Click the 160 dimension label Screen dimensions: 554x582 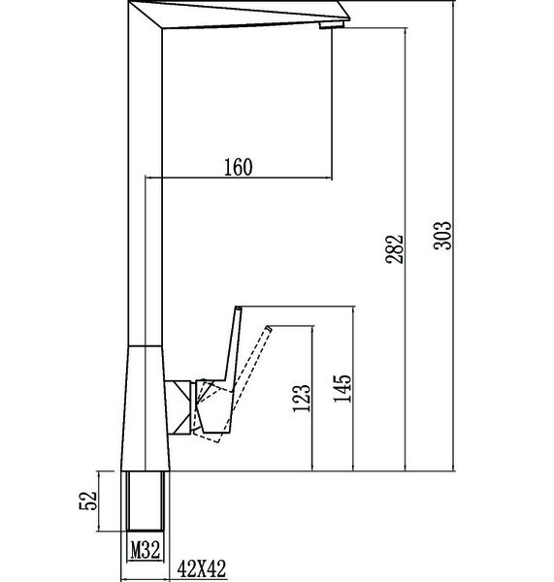coord(239,167)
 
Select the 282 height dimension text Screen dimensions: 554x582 coord(394,249)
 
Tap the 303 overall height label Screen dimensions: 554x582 coord(442,236)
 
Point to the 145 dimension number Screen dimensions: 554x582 coord(342,388)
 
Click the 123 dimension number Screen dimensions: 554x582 coord(301,398)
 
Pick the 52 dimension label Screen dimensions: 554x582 coord(88,501)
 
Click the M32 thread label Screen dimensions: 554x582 coord(146,550)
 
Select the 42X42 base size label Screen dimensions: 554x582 coord(201,568)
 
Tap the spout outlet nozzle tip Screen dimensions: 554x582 coord(332,24)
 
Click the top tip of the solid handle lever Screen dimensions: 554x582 coord(239,307)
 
